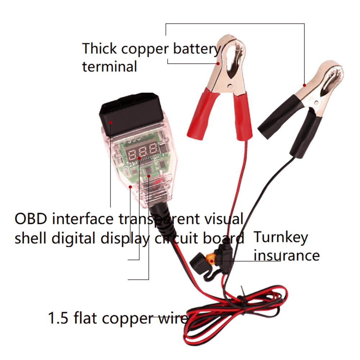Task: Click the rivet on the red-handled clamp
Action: coord(230,86)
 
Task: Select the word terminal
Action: coord(110,66)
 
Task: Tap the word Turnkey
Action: coord(281,238)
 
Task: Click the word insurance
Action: coord(287,255)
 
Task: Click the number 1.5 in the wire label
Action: coord(58,318)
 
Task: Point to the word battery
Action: coord(196,49)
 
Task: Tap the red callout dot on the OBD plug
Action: coord(110,122)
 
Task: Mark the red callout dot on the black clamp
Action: coord(305,85)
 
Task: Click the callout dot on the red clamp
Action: coord(218,63)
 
